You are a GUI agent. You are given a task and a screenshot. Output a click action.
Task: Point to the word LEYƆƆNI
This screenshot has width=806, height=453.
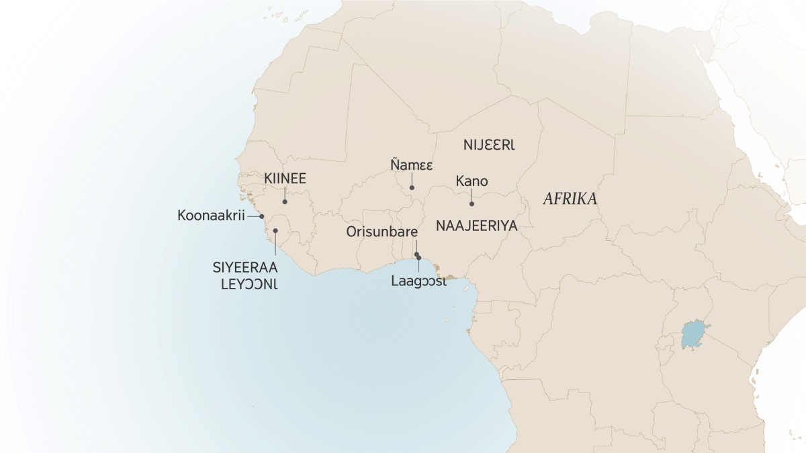tap(249, 284)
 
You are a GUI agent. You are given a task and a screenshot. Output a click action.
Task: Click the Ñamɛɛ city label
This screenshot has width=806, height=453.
tap(411, 164)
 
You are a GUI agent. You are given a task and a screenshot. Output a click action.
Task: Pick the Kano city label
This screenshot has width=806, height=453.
tap(472, 181)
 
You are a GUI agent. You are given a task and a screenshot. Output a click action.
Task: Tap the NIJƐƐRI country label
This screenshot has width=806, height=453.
tap(492, 144)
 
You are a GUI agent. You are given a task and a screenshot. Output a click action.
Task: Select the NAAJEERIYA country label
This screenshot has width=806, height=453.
tap(476, 226)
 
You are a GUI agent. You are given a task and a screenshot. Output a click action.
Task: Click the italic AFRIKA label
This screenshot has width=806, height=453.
tap(570, 199)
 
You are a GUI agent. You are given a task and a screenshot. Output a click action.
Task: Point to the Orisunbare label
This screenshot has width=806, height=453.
tap(382, 232)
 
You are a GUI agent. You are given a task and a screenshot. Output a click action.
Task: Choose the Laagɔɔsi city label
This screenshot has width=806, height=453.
tap(418, 281)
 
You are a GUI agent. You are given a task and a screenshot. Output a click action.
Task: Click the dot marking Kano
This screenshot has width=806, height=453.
tap(472, 203)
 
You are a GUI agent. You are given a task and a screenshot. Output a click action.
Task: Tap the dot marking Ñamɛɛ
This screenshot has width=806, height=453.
tap(412, 187)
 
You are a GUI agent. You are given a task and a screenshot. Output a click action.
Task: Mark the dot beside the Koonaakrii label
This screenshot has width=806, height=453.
tap(262, 216)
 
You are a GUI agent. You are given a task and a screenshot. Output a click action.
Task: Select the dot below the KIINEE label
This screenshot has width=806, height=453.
tap(285, 201)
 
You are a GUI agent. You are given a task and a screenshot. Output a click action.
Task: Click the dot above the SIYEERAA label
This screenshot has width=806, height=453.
tap(275, 231)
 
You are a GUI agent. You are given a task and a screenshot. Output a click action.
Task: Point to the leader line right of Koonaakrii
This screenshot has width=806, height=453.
tap(254, 216)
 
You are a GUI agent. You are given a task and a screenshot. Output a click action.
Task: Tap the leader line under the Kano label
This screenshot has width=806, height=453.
tap(472, 196)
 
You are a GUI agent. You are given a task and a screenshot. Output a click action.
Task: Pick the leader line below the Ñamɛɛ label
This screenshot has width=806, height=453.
tap(412, 179)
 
